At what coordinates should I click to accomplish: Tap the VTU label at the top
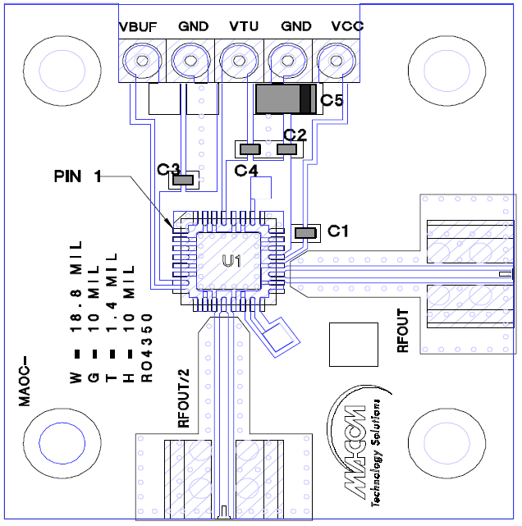[244, 26]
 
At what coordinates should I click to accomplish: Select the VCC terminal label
[346, 26]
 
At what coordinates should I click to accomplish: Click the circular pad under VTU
[239, 59]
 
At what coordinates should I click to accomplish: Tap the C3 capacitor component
[185, 180]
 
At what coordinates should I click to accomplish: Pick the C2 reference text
[295, 134]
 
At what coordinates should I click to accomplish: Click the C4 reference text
[245, 171]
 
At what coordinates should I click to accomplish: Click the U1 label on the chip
[231, 262]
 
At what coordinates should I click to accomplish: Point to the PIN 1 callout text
[78, 176]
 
